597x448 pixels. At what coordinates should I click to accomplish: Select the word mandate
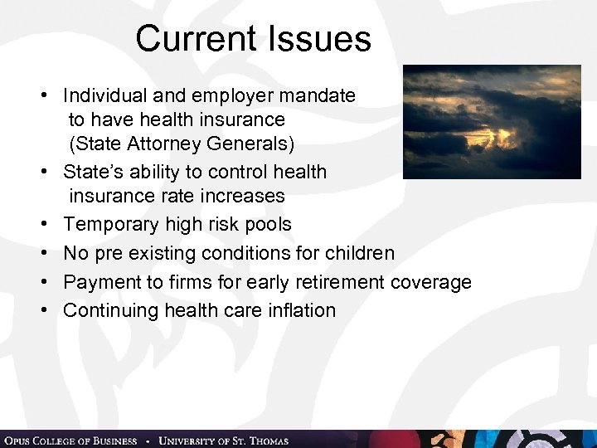pyautogui.click(x=319, y=96)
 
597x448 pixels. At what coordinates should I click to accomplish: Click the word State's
pyautogui.click(x=92, y=173)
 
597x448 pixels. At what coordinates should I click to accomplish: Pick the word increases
pyautogui.click(x=245, y=197)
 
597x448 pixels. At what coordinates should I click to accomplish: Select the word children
pyautogui.click(x=358, y=253)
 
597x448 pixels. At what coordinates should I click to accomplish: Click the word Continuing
pyautogui.click(x=109, y=310)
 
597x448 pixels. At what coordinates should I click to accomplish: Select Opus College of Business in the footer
pyautogui.click(x=70, y=441)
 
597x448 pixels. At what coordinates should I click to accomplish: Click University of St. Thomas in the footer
pyautogui.click(x=224, y=441)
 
